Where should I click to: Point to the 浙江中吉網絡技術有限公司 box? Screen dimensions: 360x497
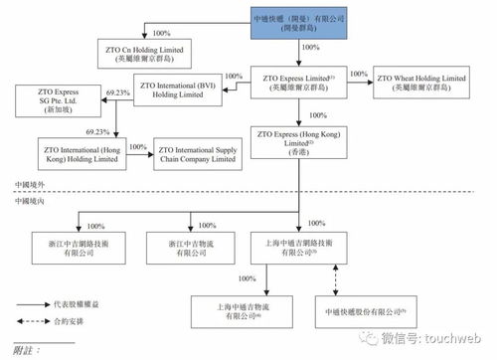click(71, 243)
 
